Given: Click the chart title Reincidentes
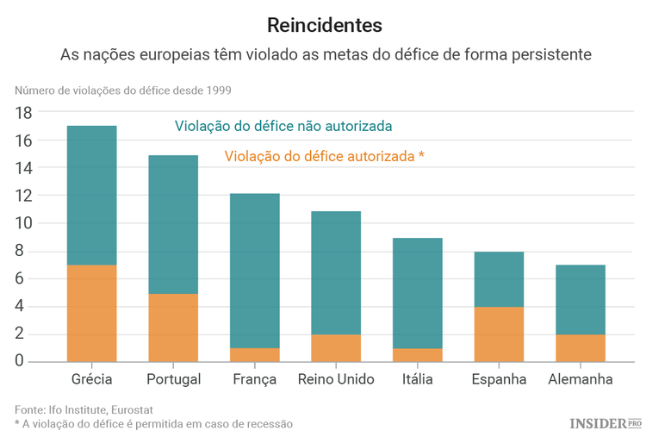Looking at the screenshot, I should click(324, 24).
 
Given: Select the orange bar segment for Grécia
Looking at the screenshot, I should click(91, 313).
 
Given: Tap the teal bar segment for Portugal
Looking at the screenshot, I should click(173, 224).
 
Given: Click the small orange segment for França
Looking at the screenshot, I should click(255, 354).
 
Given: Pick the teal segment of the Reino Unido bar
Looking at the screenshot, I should click(336, 272).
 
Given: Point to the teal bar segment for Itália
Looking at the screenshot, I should click(418, 293).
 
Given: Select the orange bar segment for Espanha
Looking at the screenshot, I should click(499, 334).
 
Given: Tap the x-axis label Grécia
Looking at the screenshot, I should click(91, 379).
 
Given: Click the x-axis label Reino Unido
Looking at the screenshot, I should click(336, 379).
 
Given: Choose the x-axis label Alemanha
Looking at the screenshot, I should click(581, 379).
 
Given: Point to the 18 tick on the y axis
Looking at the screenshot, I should click(23, 113).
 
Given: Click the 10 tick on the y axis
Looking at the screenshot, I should click(23, 223).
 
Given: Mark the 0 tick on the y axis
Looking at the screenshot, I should click(28, 361).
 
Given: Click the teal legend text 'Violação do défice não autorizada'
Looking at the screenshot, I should click(283, 126).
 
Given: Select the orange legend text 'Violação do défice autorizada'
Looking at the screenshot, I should click(319, 156).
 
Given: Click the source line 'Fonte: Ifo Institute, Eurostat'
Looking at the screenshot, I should click(84, 409).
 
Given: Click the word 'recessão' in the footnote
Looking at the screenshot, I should click(269, 423).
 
